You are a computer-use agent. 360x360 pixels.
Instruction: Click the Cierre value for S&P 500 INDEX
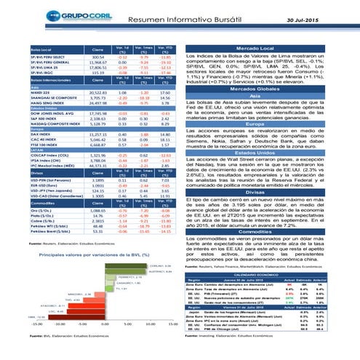point(98,121)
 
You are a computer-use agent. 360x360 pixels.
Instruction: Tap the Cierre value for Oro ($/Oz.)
point(98,211)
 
